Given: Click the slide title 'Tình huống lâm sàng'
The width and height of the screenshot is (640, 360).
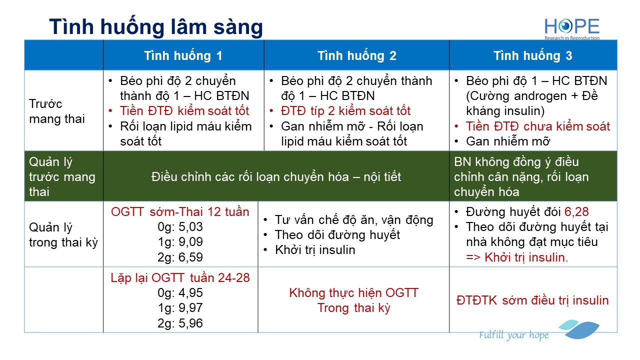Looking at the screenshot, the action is tap(156, 27).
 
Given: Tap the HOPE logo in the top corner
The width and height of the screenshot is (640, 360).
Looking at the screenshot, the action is tap(572, 29).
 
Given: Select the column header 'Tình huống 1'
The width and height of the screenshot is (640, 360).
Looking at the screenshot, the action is tap(183, 55).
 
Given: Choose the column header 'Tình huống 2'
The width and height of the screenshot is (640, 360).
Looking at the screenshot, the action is tap(357, 55).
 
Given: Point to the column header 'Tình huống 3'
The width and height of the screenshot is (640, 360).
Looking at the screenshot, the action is tap(533, 55).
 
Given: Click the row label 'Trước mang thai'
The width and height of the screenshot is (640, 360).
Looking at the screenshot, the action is tap(57, 111).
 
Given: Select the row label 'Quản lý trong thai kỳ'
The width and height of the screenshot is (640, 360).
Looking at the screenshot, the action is tap(63, 235).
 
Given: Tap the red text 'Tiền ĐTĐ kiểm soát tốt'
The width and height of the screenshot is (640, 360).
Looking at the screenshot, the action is tap(184, 111).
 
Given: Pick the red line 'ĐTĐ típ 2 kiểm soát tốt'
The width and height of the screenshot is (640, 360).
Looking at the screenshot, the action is tap(345, 111).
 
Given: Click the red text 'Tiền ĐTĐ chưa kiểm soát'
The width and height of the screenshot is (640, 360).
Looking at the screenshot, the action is tap(538, 126).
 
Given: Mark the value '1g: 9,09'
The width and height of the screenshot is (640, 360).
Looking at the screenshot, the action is tap(180, 241).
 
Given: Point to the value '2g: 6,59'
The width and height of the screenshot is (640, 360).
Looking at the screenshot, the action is tap(180, 257).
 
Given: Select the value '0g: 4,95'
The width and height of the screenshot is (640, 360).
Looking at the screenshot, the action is tap(180, 293).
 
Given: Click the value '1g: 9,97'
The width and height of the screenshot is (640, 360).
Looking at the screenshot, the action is tap(180, 307).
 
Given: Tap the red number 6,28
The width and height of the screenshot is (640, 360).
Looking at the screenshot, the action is tap(576, 212).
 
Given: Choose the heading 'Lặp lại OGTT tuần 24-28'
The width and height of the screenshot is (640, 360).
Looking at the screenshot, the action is tap(180, 277).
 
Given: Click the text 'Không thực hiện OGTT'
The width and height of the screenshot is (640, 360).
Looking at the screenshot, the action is tap(353, 293).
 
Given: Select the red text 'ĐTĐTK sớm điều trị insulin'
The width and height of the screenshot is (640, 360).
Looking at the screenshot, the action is tap(532, 300).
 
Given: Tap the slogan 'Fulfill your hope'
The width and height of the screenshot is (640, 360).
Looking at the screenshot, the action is tap(514, 335).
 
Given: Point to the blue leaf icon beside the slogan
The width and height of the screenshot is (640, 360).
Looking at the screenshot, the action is tap(579, 329).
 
